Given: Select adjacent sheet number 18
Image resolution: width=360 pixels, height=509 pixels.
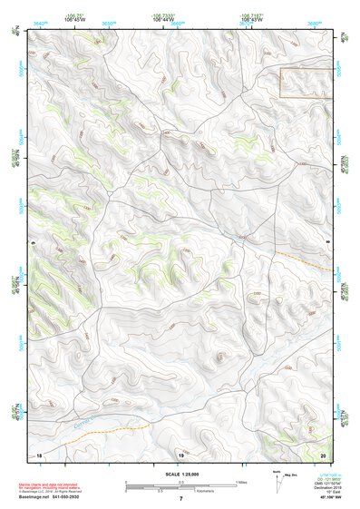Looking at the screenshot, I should coord(38,454).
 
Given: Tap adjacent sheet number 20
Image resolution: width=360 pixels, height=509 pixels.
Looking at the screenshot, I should coord(324,454).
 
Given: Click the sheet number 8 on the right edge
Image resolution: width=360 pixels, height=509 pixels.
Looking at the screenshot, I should coord(326,242).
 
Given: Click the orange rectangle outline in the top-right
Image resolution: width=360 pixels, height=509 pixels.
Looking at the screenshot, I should coord(306,83).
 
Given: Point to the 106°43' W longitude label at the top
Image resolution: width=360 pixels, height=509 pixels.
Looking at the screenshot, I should coord(252,18).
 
